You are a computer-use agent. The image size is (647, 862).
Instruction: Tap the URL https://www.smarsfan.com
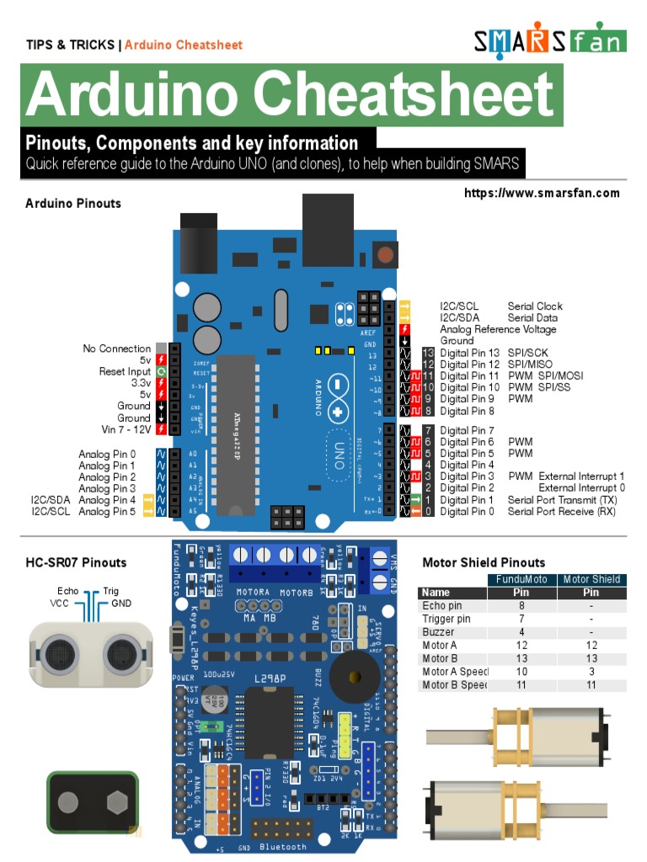coord(542,194)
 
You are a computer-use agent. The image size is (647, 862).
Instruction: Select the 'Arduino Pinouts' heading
coord(73,204)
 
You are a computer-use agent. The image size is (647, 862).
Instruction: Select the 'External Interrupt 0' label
coord(582,488)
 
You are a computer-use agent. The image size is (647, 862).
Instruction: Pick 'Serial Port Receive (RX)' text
coord(561,511)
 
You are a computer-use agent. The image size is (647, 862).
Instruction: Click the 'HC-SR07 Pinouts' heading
coord(76,563)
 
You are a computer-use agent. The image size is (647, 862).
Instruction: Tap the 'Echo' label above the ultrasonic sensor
coord(67,592)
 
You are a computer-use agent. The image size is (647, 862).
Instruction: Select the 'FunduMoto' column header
coord(521,579)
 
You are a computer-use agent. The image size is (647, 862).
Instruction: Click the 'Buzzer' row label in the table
coord(438,632)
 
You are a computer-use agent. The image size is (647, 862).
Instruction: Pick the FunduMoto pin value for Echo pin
coord(521,606)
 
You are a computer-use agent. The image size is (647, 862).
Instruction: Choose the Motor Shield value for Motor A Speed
coord(591,672)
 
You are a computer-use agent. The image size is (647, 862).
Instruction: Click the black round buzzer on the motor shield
coord(354,678)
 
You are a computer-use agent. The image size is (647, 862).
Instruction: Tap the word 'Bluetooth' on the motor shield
coord(283,846)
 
